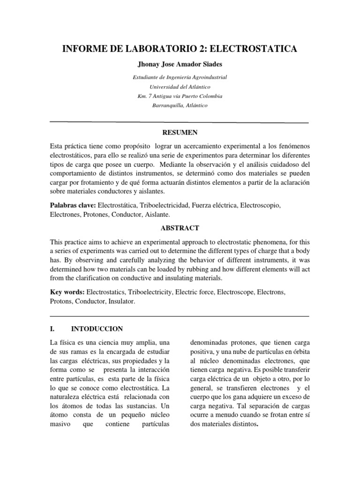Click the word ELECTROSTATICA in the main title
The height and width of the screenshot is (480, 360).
point(256,48)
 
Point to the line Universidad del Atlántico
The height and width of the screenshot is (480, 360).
point(180,87)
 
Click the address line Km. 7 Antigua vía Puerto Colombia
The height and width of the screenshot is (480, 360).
point(180,96)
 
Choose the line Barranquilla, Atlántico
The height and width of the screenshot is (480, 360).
point(180,105)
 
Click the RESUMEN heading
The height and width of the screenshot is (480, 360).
point(180,133)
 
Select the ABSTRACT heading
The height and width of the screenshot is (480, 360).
point(180,228)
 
